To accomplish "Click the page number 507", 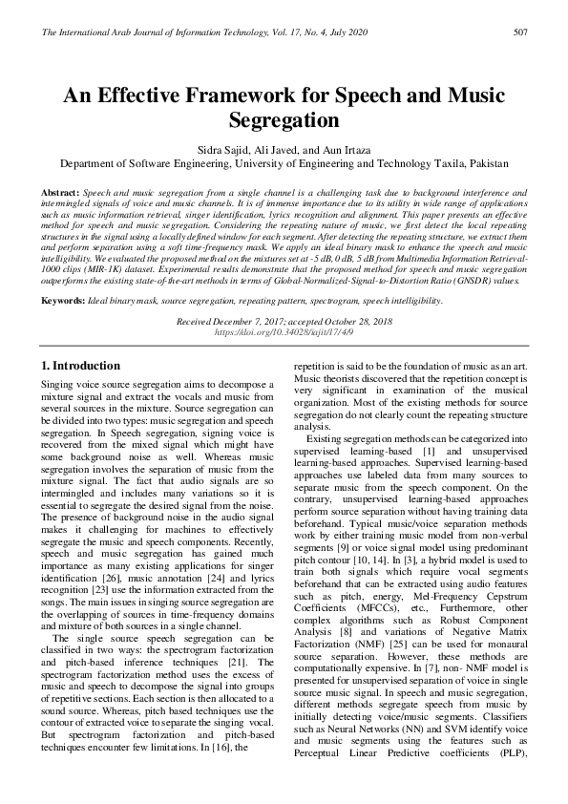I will [520, 32].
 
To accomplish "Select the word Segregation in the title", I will [284, 121].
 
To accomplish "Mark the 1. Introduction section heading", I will [81, 366].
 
